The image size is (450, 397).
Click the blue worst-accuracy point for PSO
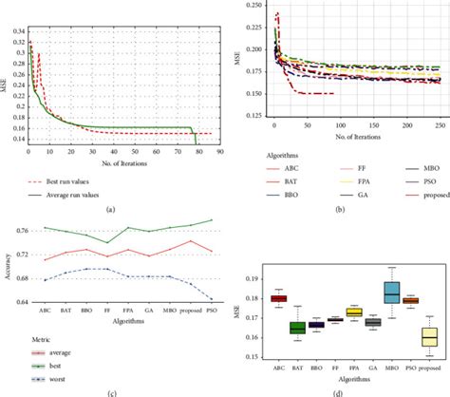212,297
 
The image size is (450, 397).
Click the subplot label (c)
112,392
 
